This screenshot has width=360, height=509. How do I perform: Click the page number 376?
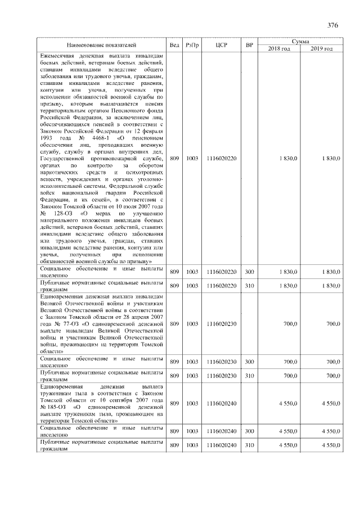tap(332, 25)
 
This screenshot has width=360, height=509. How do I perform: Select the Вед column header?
tap(174, 44)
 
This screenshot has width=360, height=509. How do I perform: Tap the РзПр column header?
tap(192, 44)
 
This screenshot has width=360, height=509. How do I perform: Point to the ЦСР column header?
tap(221, 44)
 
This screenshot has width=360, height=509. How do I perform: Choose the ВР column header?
tap(250, 44)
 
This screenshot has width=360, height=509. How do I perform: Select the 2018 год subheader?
tap(280, 49)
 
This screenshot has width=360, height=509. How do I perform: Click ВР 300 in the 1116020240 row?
tap(250, 431)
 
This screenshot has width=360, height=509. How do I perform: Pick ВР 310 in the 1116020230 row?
tap(250, 375)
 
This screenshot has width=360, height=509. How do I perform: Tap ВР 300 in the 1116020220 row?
tap(250, 272)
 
